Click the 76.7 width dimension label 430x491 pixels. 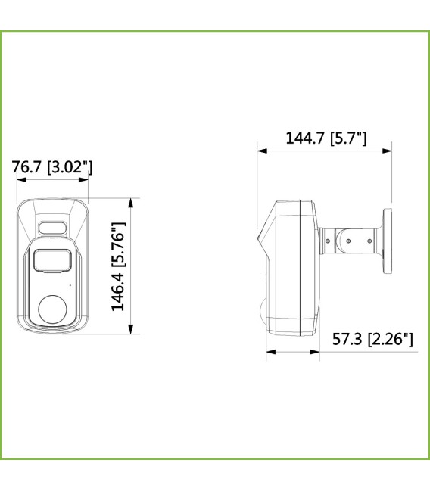click(x=52, y=167)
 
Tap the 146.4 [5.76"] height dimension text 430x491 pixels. click(x=118, y=266)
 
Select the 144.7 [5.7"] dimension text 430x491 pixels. click(x=326, y=138)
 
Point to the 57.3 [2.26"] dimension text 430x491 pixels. click(x=372, y=338)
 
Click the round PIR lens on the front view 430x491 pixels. click(x=54, y=309)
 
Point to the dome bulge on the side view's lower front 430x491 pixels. click(x=263, y=309)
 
